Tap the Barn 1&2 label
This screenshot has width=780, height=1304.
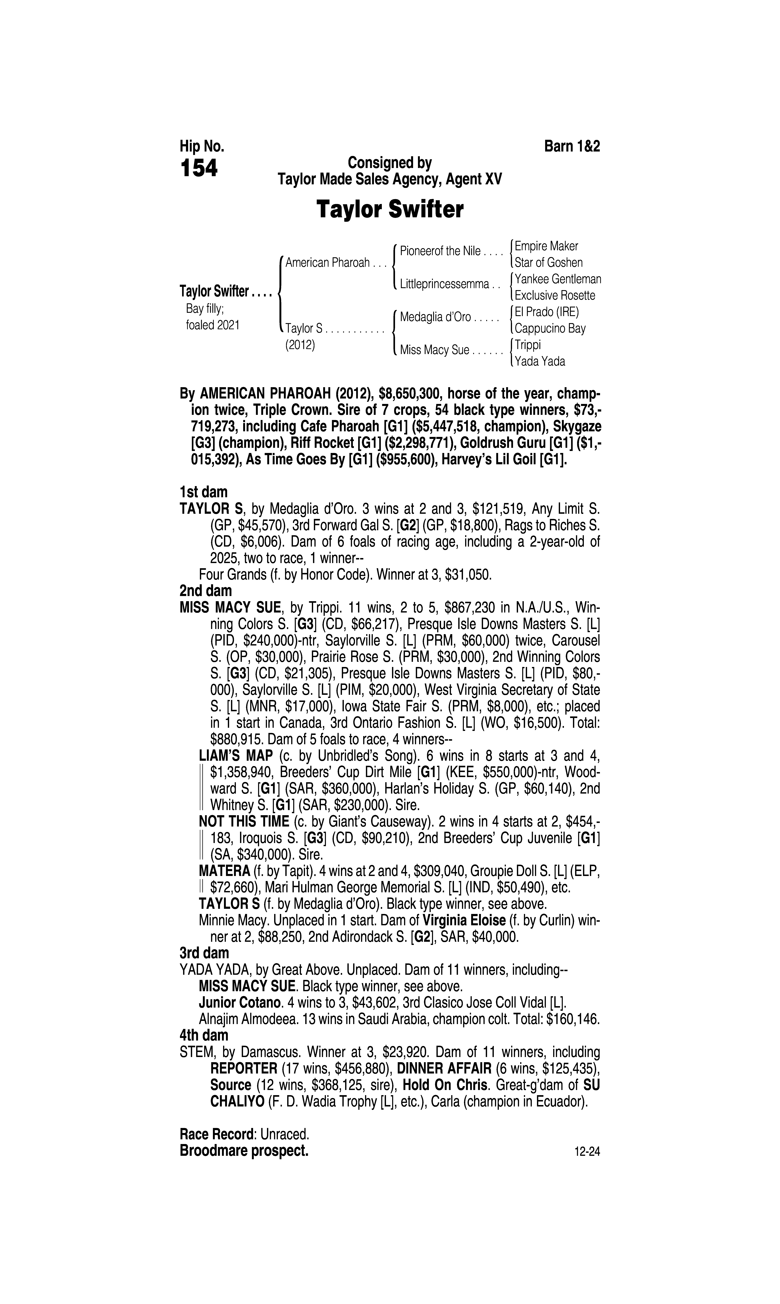tap(572, 146)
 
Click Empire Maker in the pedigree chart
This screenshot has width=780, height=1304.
tap(546, 246)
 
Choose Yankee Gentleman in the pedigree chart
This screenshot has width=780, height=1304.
tap(558, 279)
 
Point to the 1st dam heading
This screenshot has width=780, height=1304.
tap(203, 492)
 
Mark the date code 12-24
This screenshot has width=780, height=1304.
tap(587, 1152)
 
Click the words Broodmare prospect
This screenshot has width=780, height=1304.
tap(244, 1151)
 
